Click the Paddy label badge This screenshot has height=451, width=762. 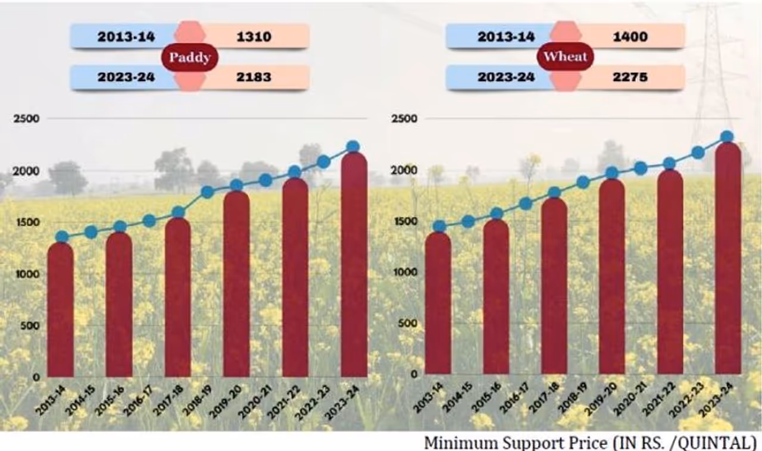click(x=189, y=58)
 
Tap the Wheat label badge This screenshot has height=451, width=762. click(x=565, y=57)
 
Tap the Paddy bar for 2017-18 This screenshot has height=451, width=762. click(x=177, y=297)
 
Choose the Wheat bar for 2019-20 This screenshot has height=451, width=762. click(x=612, y=280)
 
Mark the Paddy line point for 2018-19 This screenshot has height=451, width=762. click(x=208, y=192)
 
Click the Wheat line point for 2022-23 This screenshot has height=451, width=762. click(x=698, y=153)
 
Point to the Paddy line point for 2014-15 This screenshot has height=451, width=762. click(x=90, y=232)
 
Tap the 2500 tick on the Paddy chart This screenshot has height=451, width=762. click(x=26, y=118)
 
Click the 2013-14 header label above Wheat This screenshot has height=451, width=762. click(x=505, y=37)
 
